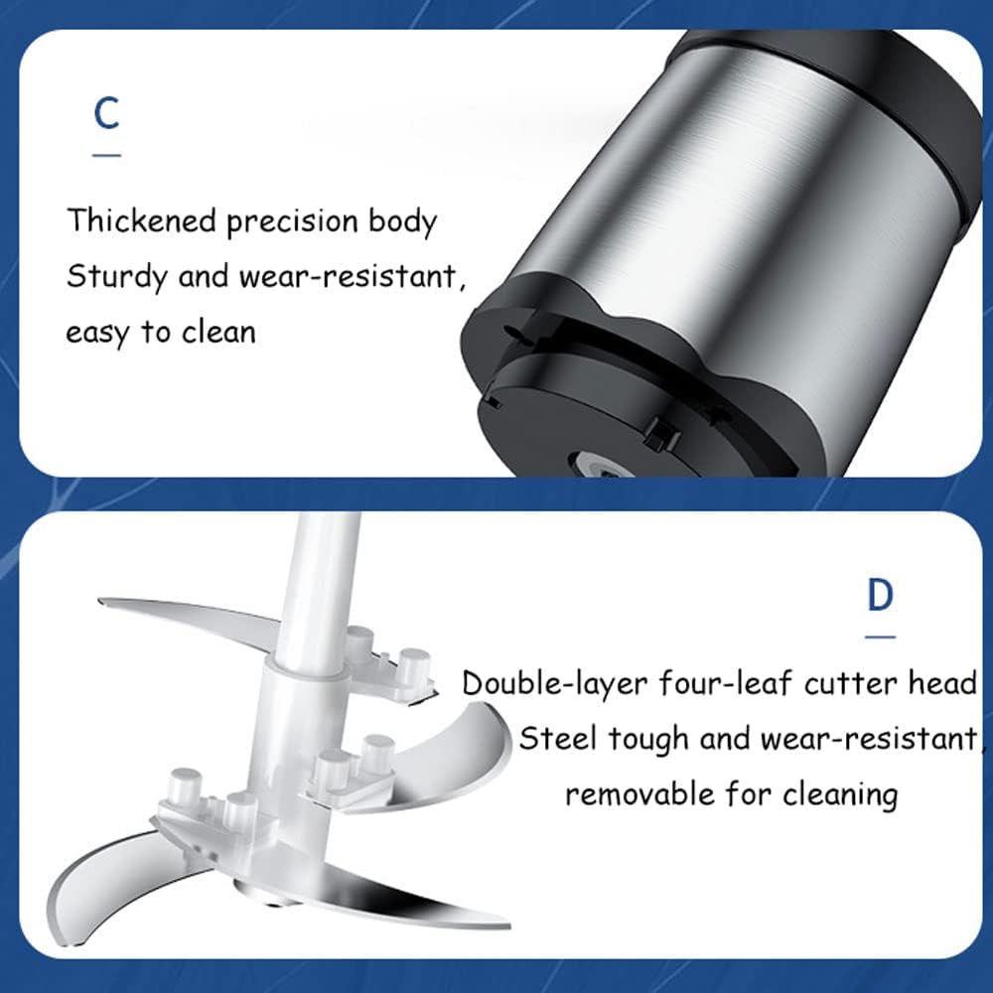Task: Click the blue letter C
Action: pos(106,113)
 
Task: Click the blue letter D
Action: pos(880,595)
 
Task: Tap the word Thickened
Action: pos(142,220)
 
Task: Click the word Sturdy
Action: pos(117,278)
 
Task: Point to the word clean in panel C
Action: pos(218,332)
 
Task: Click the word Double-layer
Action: pos(554,684)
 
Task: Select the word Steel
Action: pos(558,739)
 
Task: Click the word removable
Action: pos(639,793)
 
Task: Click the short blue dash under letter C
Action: pos(106,155)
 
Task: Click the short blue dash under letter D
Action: pos(880,637)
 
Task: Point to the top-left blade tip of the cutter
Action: pos(99,601)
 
